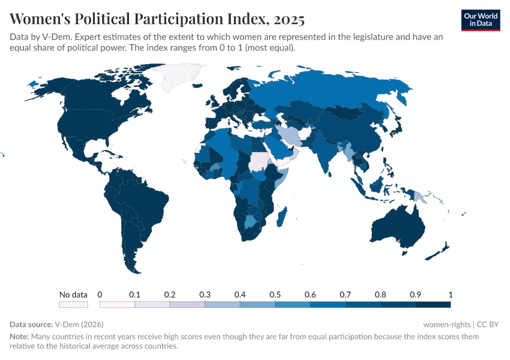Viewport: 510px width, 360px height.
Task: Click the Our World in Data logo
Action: pyautogui.click(x=481, y=20)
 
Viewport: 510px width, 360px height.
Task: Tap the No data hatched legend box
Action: pyautogui.click(x=73, y=304)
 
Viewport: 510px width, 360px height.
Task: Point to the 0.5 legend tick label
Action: pyautogui.click(x=275, y=295)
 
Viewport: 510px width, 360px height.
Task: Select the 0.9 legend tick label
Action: pyautogui.click(x=415, y=295)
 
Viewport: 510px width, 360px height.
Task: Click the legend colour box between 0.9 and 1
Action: pyautogui.click(x=433, y=304)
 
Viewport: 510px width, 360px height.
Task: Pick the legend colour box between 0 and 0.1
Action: pyautogui.click(x=117, y=304)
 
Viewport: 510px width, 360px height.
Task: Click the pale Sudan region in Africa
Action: pyautogui.click(x=259, y=162)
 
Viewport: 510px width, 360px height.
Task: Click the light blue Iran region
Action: pyautogui.click(x=289, y=135)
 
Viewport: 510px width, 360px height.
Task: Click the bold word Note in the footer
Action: pyautogui.click(x=19, y=337)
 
